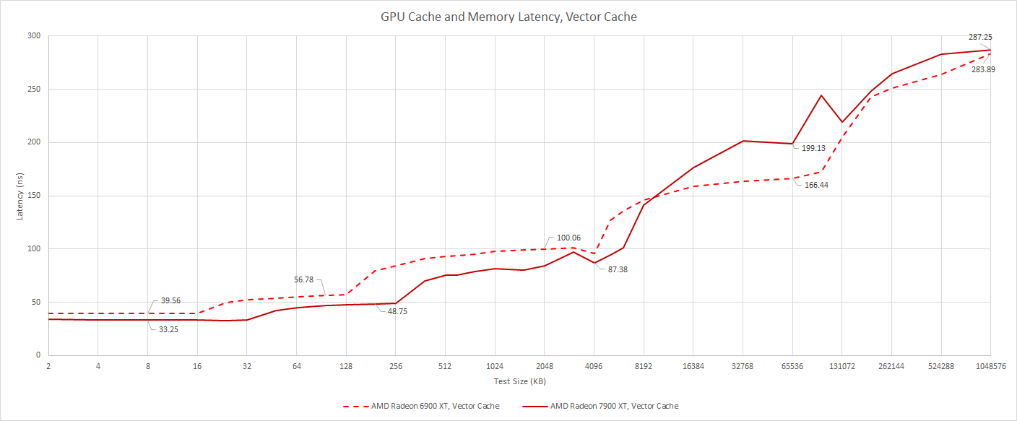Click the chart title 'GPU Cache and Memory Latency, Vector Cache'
point(508,16)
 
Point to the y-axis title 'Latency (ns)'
point(21,195)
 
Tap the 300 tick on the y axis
point(33,36)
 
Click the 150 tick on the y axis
point(33,196)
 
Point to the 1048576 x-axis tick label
point(991,367)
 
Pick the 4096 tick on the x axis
point(594,367)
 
